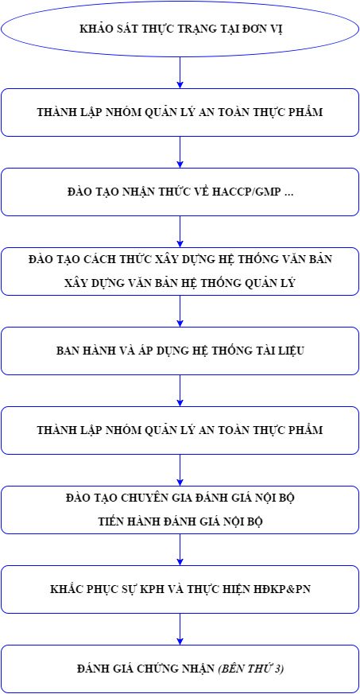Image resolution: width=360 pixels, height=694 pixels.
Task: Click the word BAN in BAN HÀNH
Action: [67, 351]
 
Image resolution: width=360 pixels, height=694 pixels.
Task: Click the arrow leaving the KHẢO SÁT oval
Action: [180, 72]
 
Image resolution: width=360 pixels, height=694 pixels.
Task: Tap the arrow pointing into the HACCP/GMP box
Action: [180, 153]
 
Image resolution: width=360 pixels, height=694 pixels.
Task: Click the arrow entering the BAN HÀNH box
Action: [180, 311]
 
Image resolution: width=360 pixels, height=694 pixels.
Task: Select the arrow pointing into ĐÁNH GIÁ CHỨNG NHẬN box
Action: [180, 630]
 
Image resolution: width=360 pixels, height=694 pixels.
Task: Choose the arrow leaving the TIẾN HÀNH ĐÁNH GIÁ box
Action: [180, 549]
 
